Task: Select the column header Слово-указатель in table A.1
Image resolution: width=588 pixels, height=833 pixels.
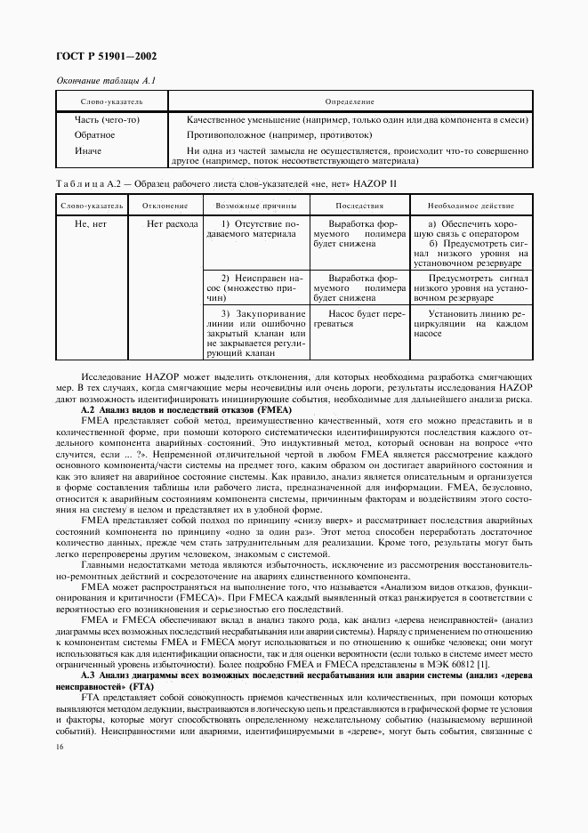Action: (x=106, y=101)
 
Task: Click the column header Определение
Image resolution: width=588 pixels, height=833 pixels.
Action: (x=350, y=101)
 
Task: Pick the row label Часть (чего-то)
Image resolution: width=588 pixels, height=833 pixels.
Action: (x=107, y=120)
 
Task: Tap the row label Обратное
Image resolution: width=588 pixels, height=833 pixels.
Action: (x=95, y=135)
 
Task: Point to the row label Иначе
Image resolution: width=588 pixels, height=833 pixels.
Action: (x=89, y=150)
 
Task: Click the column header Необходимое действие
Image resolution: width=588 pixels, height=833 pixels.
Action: (x=469, y=205)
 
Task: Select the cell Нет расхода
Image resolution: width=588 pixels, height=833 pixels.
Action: (x=173, y=224)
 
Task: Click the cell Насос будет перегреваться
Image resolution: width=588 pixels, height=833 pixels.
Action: (x=355, y=319)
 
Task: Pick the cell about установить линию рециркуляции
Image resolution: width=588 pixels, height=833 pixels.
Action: (x=469, y=325)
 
